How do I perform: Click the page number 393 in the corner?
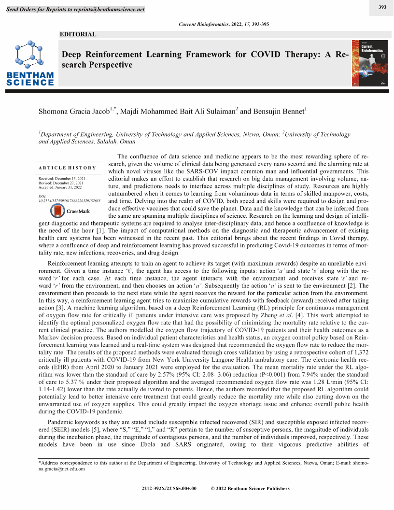[382, 7]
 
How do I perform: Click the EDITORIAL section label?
[78, 34]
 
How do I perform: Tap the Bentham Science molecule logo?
[30, 55]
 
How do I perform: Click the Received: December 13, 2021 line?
[61, 179]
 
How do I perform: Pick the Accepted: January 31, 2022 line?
[60, 187]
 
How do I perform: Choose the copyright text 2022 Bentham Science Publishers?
[250, 488]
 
